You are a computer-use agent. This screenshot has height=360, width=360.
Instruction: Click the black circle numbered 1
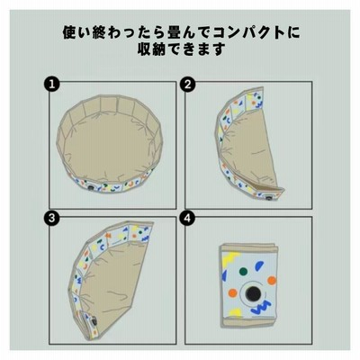click(x=52, y=85)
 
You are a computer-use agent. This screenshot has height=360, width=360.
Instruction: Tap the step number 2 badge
click(x=187, y=85)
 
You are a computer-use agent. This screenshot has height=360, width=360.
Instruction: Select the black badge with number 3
click(x=52, y=218)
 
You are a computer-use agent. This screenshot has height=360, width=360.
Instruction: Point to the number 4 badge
click(x=187, y=218)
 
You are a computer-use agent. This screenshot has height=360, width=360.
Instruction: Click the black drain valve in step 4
click(x=251, y=292)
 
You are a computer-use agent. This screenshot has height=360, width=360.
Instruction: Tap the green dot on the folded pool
click(x=243, y=272)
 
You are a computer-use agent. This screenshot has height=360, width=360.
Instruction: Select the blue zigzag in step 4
click(x=262, y=308)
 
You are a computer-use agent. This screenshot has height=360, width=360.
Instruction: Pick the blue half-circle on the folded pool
click(x=259, y=265)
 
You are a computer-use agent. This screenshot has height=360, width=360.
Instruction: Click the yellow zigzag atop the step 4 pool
click(x=231, y=257)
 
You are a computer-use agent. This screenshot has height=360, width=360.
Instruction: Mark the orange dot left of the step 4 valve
click(x=232, y=292)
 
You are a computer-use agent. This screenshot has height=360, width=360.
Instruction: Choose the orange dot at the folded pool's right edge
click(x=272, y=281)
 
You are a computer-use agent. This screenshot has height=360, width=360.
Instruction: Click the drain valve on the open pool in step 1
click(x=91, y=188)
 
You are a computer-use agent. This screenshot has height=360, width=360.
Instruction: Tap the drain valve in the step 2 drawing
click(x=268, y=197)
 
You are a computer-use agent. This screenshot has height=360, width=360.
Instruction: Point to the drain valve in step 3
click(x=94, y=322)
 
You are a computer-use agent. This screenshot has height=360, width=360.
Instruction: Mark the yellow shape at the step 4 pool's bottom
click(x=236, y=313)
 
